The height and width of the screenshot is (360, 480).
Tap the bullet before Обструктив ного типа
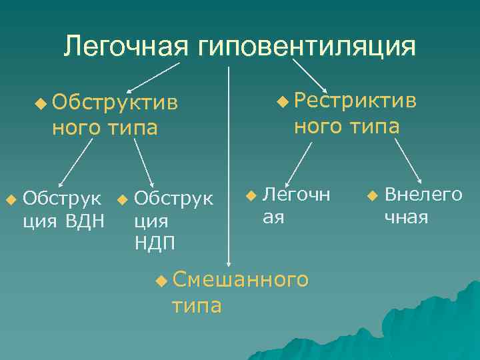pos(41,102)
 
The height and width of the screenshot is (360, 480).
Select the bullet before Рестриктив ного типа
pos(283,101)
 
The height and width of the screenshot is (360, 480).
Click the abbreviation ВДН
pos(85,220)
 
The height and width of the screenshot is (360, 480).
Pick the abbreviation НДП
pos(155,242)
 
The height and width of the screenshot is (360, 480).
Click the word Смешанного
pos(240,280)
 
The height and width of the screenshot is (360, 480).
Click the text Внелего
pos(423,195)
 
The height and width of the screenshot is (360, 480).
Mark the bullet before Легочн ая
pos(250,195)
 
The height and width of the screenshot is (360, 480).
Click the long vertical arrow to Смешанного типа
pos(229,167)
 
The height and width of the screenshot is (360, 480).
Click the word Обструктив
pos(115,102)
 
